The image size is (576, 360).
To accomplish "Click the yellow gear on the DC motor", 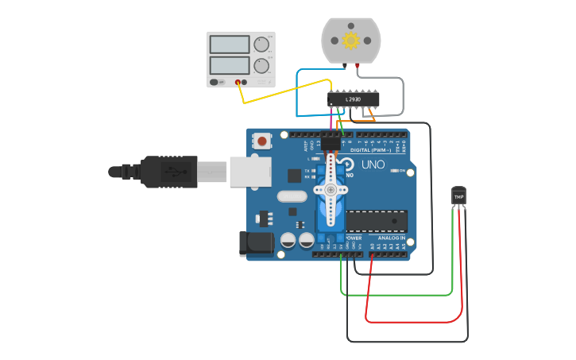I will [x=351, y=39].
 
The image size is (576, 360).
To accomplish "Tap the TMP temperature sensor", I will [x=458, y=195].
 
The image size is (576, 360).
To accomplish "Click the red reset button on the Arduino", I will [x=261, y=141].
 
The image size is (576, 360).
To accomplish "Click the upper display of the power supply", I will [x=230, y=45].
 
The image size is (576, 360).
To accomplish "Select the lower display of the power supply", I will [x=230, y=65].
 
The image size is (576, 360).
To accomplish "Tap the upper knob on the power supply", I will [x=261, y=45].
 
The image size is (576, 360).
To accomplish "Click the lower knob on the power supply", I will [x=261, y=65].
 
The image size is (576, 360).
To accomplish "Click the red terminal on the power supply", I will [x=238, y=82].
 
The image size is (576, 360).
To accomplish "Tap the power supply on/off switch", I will [x=215, y=82].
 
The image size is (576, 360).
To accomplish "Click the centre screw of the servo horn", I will [x=331, y=190].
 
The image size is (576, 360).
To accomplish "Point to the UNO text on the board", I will [x=373, y=165].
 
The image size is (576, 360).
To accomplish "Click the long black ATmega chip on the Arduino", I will [x=377, y=223].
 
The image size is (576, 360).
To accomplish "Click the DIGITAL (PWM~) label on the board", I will [x=376, y=149].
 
